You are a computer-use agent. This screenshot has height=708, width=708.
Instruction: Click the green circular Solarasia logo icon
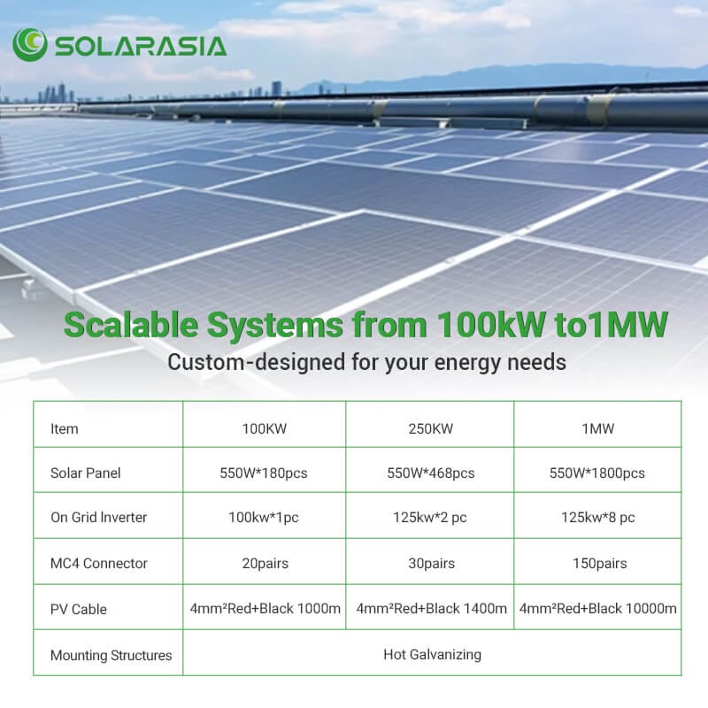click(x=30, y=45)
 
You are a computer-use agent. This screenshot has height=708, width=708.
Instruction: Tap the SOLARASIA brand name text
click(x=141, y=47)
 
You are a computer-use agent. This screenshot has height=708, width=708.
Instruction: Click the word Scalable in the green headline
click(x=131, y=325)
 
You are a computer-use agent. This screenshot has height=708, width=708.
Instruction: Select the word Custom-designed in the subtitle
click(x=257, y=362)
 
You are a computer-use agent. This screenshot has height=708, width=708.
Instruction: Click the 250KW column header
click(x=430, y=428)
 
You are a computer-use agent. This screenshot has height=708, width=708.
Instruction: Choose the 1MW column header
click(x=598, y=428)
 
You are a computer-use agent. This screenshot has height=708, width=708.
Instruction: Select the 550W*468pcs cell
click(x=431, y=473)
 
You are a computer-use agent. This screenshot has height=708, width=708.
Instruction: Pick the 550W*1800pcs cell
click(x=596, y=473)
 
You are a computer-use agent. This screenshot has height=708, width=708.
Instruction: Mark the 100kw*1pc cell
click(x=263, y=517)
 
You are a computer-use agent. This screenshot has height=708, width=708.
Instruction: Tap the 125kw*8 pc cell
click(x=598, y=517)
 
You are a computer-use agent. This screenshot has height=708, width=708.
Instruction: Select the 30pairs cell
click(x=431, y=563)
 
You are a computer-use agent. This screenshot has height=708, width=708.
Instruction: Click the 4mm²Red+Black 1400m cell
click(x=431, y=608)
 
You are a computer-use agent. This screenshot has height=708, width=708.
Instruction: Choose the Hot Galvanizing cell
click(x=432, y=654)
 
